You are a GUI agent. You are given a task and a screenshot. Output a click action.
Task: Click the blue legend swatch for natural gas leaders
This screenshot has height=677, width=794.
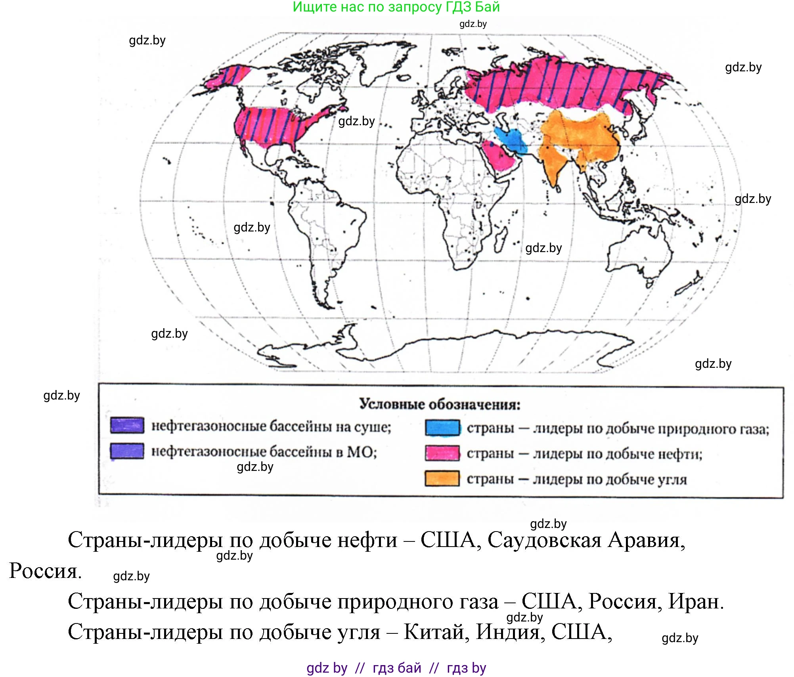click(442, 428)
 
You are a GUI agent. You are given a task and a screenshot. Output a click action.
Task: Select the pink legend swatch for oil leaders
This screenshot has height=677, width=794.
click(442, 453)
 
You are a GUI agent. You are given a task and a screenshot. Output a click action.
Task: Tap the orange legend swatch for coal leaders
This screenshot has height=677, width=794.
click(442, 478)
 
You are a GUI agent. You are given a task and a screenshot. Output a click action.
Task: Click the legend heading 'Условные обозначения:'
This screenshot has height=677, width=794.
click(440, 404)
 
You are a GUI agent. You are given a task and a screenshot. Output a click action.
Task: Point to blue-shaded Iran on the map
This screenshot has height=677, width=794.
click(512, 140)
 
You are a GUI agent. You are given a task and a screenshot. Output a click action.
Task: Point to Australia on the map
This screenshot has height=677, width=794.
click(638, 254)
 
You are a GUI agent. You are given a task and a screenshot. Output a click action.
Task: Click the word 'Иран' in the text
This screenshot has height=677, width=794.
click(696, 602)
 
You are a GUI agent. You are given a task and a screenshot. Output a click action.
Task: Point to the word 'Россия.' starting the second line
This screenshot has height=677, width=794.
click(45, 571)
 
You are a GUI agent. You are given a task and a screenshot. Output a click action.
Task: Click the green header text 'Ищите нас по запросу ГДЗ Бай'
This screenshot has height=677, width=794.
click(396, 7)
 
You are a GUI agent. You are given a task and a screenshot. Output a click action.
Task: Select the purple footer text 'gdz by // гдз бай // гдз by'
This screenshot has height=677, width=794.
click(396, 668)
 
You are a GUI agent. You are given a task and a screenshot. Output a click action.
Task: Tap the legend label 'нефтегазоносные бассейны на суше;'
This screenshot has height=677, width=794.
click(271, 426)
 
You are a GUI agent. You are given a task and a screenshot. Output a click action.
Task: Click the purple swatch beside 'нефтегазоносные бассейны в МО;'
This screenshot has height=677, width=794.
click(127, 451)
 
